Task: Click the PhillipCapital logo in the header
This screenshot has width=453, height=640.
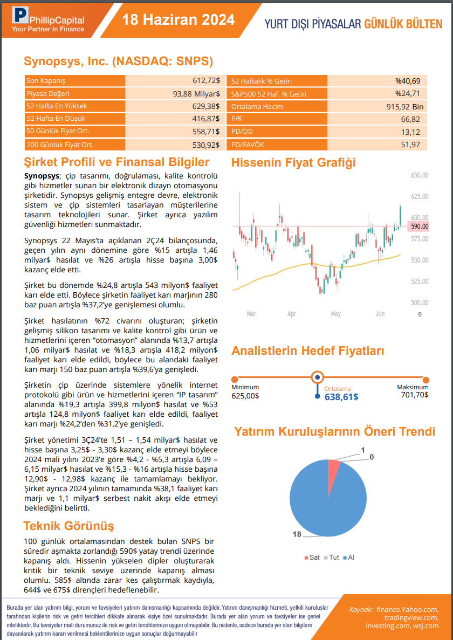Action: (x=48, y=20)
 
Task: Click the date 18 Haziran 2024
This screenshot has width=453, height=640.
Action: (x=178, y=20)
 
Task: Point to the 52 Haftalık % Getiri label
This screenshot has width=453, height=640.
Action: (x=262, y=81)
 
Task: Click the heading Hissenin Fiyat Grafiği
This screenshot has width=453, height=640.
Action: (x=293, y=162)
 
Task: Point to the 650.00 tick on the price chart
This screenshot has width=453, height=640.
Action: (x=419, y=176)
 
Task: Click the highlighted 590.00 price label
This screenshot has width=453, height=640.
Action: (x=419, y=226)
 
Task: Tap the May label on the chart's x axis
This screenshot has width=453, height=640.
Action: (x=335, y=313)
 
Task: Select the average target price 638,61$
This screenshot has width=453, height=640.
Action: (x=341, y=397)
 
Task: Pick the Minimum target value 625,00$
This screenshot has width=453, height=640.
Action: (x=245, y=395)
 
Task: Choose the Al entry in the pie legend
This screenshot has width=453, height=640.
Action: (x=348, y=558)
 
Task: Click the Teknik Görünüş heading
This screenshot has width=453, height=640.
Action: (x=68, y=526)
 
